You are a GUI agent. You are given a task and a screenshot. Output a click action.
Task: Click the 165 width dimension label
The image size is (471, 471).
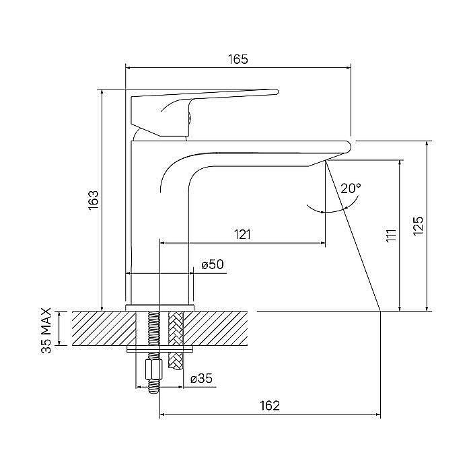[x=238, y=59]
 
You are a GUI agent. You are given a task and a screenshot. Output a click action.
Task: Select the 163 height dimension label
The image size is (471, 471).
[x=94, y=200]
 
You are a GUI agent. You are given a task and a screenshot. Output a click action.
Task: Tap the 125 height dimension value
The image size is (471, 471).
[x=418, y=226]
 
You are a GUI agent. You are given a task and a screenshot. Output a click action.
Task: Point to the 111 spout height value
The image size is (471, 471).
[x=391, y=235]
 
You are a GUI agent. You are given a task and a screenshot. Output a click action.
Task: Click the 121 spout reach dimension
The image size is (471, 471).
[x=242, y=234]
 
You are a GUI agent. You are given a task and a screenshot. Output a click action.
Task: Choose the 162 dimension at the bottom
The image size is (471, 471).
[x=270, y=406]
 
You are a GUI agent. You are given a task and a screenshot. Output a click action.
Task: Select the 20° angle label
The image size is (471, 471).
[x=351, y=188]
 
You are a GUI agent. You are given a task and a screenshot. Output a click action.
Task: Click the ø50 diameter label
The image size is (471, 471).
[x=213, y=264]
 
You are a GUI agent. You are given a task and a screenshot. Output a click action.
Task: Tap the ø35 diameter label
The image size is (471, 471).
[x=202, y=379]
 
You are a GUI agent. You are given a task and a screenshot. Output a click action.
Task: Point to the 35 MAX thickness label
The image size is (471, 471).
[x=46, y=330]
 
